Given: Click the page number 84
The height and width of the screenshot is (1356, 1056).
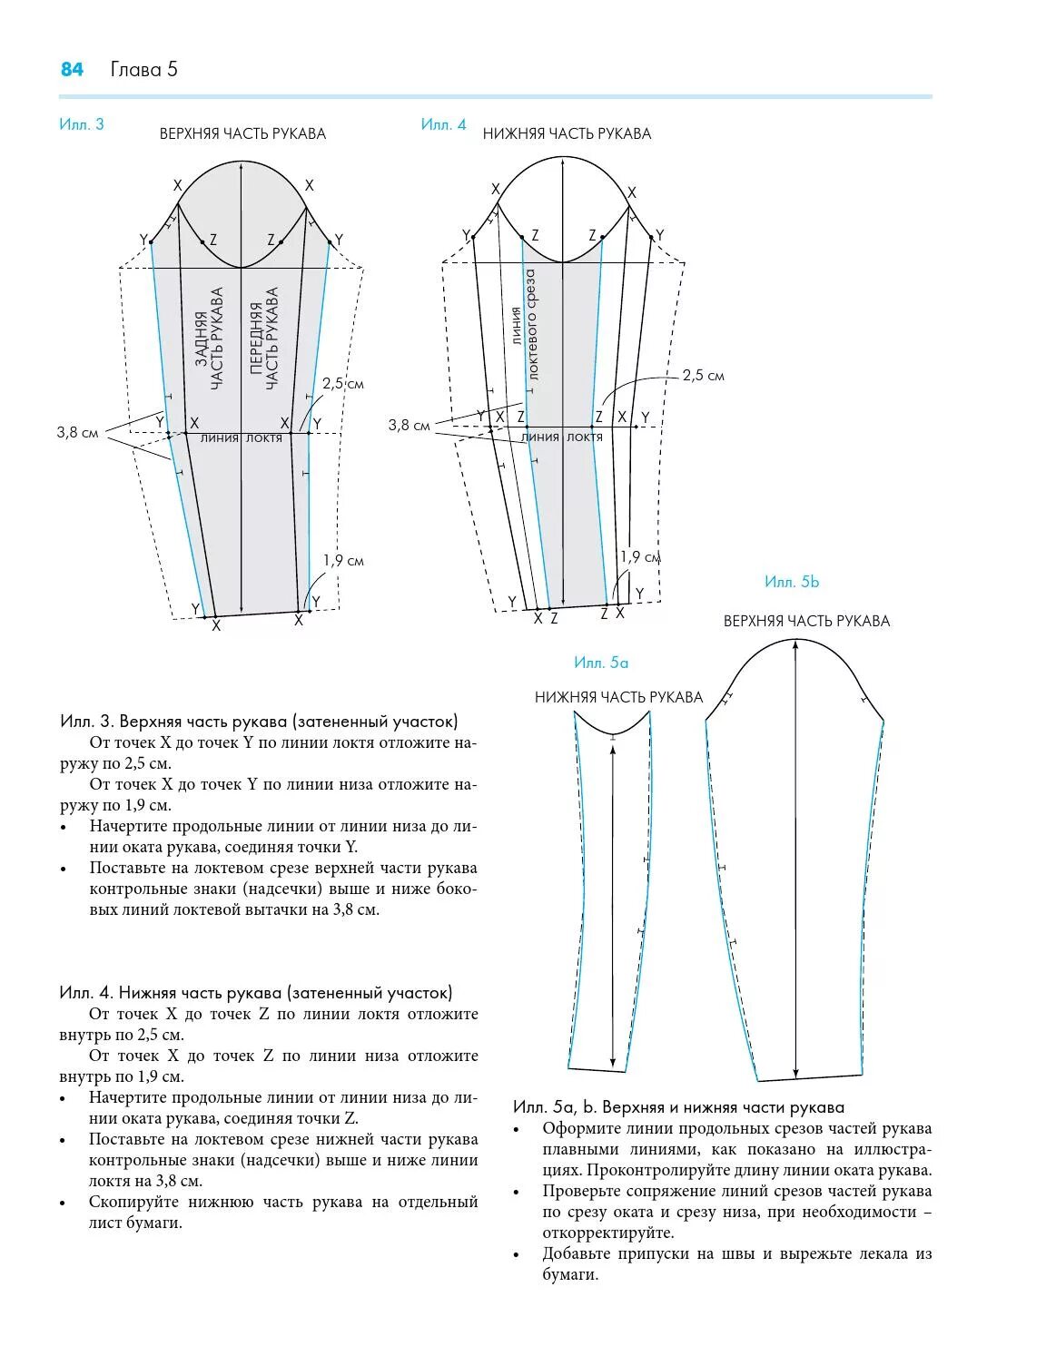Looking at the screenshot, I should point(72,70).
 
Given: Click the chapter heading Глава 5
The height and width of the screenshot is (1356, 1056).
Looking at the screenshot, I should point(144,70).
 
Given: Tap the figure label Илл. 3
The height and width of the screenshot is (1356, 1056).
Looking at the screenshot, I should point(82,124).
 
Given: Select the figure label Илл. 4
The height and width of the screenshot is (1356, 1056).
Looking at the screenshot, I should point(443,124).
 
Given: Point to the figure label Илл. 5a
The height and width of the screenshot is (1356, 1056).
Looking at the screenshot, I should point(601,663).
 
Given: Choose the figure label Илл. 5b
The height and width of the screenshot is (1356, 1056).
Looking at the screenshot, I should point(792,582).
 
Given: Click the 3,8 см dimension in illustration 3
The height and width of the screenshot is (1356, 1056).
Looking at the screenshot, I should point(77,432).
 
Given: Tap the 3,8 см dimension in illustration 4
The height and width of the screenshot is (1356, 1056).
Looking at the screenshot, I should point(409,425).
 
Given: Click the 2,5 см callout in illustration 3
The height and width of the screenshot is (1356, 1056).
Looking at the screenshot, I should point(343,383).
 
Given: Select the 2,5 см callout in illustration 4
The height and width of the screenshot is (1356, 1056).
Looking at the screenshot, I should point(704,375).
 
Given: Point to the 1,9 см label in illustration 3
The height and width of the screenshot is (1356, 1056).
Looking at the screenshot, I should point(343,560).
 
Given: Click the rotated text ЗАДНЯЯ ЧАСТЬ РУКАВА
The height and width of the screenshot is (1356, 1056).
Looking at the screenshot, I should point(209,340).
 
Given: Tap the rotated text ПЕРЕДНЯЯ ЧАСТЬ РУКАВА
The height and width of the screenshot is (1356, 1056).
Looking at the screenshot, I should point(263,339).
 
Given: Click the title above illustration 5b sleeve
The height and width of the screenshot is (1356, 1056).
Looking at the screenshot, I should point(806,621).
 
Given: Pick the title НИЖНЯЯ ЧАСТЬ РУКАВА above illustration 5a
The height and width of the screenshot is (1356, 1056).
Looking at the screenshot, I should point(618,697).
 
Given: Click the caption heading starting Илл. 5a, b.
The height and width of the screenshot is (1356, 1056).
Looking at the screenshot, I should point(678,1107).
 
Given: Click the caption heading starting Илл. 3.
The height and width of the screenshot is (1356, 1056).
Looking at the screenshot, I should point(259,722).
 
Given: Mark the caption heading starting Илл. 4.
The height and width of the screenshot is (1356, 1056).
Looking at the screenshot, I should point(256,993).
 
